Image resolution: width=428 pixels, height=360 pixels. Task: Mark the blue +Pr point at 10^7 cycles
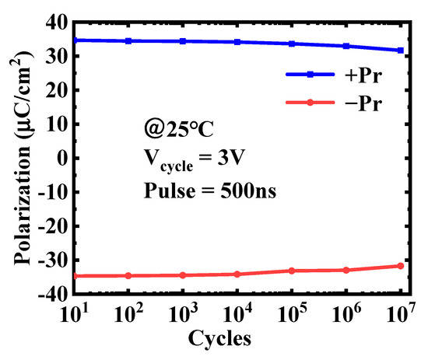pyautogui.click(x=401, y=51)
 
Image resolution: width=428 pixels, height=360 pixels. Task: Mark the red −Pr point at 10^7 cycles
pyautogui.click(x=401, y=266)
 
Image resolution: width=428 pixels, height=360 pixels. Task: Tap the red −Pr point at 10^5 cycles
pyautogui.click(x=292, y=271)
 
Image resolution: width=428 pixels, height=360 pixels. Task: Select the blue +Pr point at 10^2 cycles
pyautogui.click(x=128, y=41)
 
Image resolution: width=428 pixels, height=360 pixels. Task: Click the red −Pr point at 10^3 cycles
pyautogui.click(x=183, y=275)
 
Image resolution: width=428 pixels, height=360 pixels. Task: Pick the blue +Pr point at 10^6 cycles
pyautogui.click(x=346, y=46)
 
